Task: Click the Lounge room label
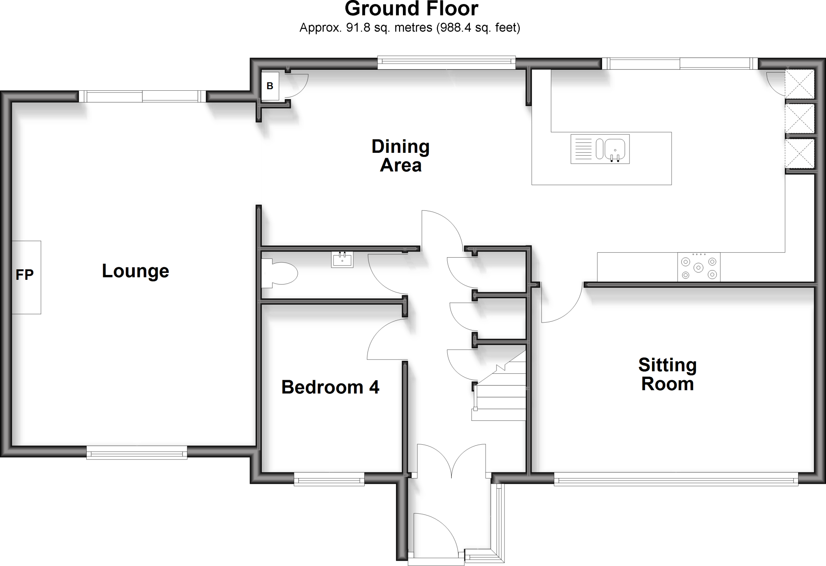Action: tap(136, 271)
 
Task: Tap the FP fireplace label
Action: tap(25, 275)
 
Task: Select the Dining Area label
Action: tap(400, 156)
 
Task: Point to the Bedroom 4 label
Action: tap(330, 387)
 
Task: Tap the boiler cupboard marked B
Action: tap(270, 86)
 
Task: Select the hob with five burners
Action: tap(699, 267)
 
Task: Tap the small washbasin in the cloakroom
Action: tap(342, 259)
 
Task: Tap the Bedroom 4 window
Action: tap(329, 479)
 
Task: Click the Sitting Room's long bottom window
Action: tap(676, 479)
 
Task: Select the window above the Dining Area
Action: tap(446, 62)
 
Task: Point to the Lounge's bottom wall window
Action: tap(137, 453)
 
